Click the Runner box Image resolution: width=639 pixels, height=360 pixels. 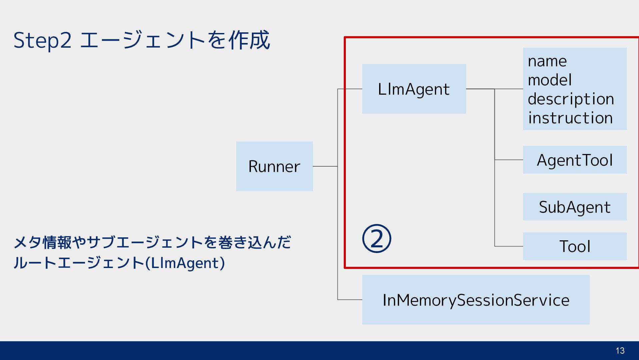[x=275, y=166]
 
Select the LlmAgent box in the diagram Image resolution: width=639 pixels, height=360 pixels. [x=414, y=89]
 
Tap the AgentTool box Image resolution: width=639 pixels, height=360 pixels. [x=575, y=160]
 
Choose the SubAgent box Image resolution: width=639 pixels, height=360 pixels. [x=575, y=207]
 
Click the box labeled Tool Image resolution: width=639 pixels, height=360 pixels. [x=575, y=246]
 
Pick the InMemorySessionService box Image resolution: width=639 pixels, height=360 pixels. [x=476, y=300]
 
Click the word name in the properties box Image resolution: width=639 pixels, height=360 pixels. [x=547, y=61]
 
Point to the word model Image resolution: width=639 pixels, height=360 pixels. [x=550, y=80]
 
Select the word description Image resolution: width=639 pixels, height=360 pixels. [x=571, y=99]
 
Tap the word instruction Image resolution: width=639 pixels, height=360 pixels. [x=570, y=118]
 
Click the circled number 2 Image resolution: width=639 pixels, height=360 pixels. [x=376, y=238]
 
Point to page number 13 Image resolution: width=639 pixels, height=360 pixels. [x=620, y=351]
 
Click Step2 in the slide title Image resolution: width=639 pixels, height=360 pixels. [x=42, y=41]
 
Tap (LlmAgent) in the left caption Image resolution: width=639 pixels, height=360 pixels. [x=185, y=263]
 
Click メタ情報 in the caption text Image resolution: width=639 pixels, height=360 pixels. [x=43, y=242]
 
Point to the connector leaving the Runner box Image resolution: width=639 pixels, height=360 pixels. [x=325, y=166]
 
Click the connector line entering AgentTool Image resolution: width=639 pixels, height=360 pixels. [x=509, y=160]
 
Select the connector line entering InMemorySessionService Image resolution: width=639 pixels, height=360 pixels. [x=350, y=300]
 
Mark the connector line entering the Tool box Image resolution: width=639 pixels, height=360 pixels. [x=509, y=246]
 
